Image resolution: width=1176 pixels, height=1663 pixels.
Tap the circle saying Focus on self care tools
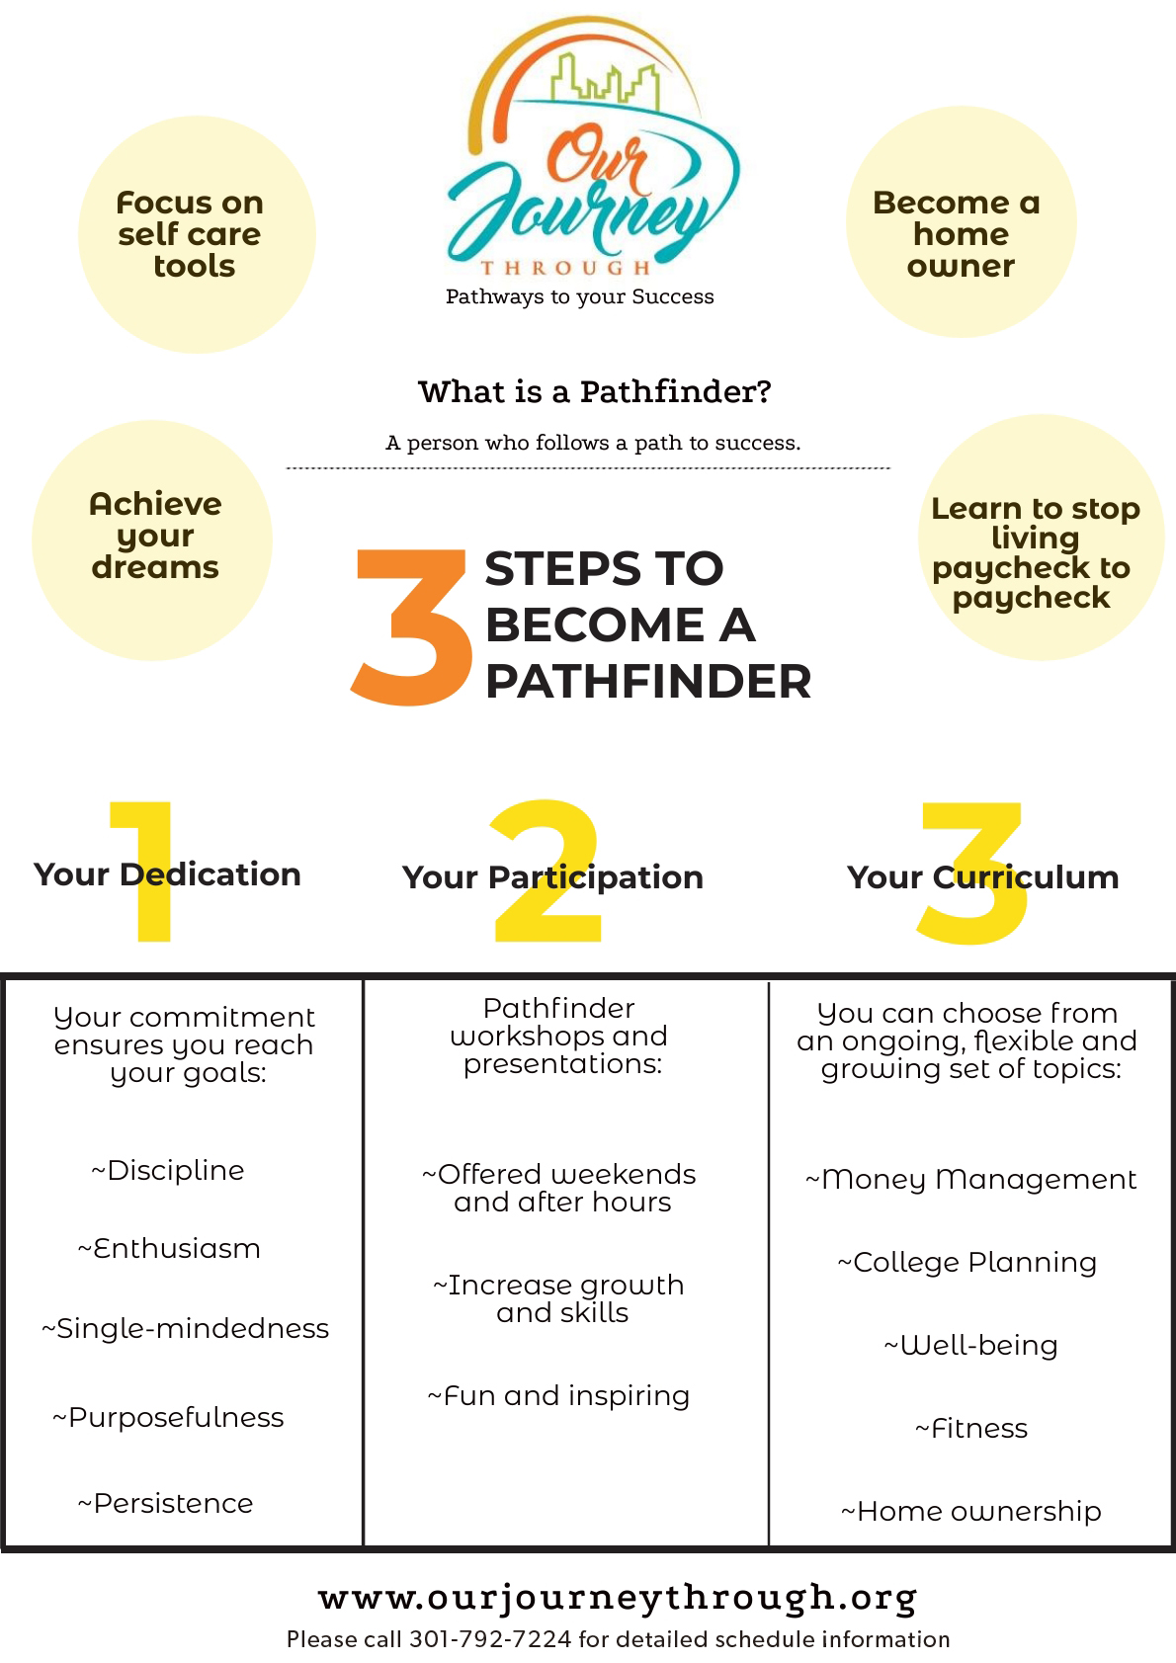coord(196,235)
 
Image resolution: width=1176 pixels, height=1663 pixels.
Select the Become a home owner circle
coord(961,223)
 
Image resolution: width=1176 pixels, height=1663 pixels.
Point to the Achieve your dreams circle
coord(152,540)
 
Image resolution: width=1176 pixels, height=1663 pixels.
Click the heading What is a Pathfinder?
coord(594,392)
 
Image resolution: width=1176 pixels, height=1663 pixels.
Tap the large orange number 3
coord(411,628)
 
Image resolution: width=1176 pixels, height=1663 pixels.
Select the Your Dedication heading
coord(167,874)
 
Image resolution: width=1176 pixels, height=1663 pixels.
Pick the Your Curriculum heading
coord(982,877)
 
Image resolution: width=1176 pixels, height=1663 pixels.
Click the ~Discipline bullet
coord(167,1171)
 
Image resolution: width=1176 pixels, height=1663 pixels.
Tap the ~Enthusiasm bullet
coord(169,1249)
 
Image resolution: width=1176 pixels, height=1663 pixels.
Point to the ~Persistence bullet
coord(166,1504)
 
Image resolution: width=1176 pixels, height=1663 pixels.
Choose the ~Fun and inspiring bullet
coord(558,1396)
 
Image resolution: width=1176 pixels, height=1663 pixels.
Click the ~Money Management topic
coord(971,1180)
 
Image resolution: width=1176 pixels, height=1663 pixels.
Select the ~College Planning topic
coord(967,1263)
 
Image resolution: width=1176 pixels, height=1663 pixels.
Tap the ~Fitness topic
coord(971,1429)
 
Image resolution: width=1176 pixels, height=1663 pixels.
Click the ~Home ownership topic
coord(971,1512)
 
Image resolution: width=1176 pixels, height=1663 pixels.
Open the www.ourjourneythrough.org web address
coord(618,1597)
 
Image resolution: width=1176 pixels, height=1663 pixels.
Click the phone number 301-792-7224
coord(490,1640)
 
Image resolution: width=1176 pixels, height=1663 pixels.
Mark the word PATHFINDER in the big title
coord(648,682)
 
